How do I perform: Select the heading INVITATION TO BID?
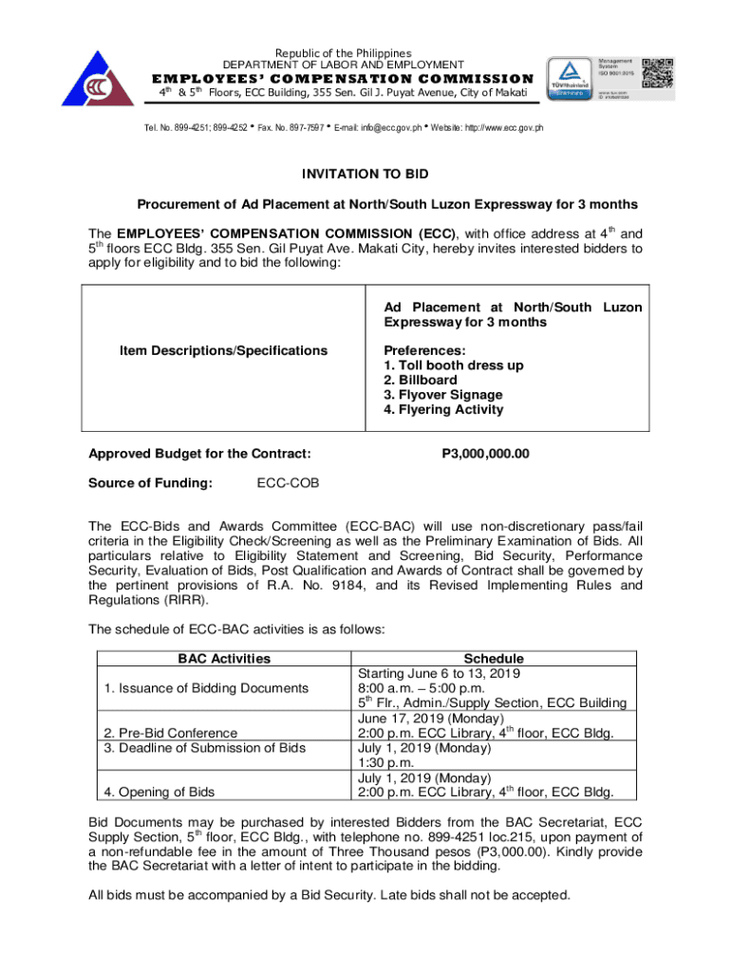[x=365, y=174]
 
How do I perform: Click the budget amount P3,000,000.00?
[x=485, y=454]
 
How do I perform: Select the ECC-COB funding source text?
[x=289, y=483]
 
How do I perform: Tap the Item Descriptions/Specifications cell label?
[x=223, y=350]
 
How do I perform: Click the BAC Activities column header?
[x=224, y=659]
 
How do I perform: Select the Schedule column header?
[x=493, y=659]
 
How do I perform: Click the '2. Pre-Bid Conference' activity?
[x=174, y=733]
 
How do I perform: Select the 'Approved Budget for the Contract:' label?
[x=199, y=454]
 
